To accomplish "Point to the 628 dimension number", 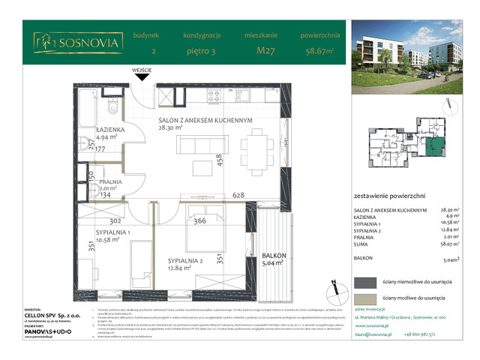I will pos(239,196).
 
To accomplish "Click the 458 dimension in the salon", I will pos(219,160).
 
